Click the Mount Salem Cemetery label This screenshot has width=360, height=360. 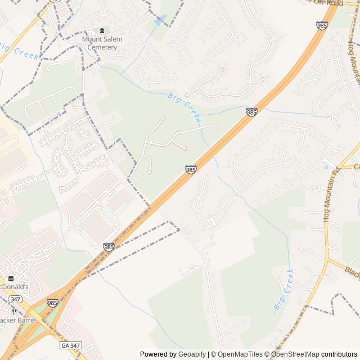coord(100,43)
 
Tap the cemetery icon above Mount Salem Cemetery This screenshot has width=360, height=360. coord(102,30)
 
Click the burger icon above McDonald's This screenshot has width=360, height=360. coord(10,278)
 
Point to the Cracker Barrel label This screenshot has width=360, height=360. coord(17,320)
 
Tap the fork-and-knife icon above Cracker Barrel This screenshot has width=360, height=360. coord(15,311)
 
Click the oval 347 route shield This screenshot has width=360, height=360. coord(16,299)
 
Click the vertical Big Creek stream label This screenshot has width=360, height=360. coord(283,290)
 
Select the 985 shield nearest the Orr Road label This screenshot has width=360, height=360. coord(322,25)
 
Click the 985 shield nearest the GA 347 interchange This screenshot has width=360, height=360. coord(52,303)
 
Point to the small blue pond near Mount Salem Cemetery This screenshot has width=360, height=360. coord(160,20)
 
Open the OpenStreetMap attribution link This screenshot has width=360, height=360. coord(296,354)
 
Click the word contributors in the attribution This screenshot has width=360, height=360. coord(339,354)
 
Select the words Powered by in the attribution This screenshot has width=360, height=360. coord(157,354)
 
